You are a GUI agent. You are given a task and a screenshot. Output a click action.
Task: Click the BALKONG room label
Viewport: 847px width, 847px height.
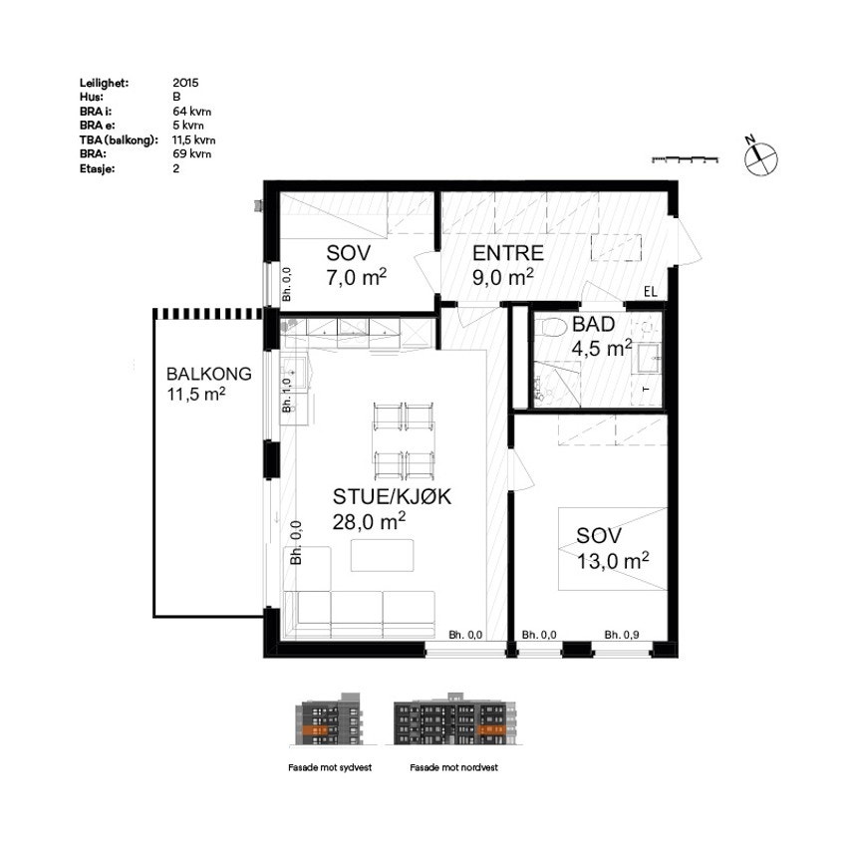point(208,375)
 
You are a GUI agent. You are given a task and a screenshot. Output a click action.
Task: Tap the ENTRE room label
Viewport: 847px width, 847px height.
point(507,252)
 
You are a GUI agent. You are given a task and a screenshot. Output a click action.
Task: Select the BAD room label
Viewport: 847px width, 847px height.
point(592,326)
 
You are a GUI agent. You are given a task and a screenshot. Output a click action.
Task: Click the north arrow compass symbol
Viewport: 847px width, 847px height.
point(760,153)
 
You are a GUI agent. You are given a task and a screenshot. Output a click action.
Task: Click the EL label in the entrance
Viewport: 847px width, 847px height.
point(651,292)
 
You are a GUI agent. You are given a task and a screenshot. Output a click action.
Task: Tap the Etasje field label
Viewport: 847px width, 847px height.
point(98,169)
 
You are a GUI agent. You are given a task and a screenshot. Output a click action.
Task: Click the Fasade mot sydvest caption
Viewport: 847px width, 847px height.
point(328,768)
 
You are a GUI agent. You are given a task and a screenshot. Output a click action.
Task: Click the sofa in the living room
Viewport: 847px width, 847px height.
point(360,611)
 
